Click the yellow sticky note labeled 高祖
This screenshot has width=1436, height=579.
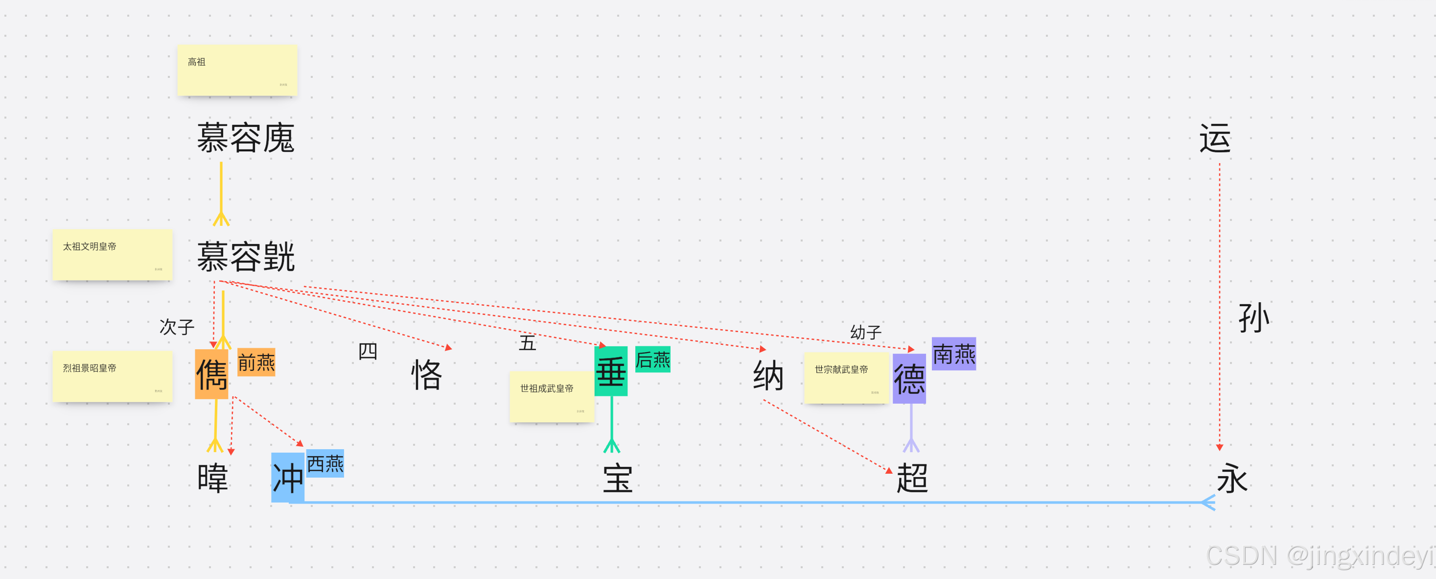(237, 70)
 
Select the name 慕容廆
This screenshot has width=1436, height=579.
(245, 138)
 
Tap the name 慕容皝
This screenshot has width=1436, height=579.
(245, 257)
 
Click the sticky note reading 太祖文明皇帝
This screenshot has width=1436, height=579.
(112, 255)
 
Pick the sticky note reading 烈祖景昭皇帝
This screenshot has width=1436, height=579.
(112, 377)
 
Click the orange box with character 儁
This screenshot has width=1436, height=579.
(211, 374)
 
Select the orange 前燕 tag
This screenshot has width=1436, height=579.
(256, 362)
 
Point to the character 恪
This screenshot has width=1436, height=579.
(426, 374)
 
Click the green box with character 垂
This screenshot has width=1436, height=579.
(611, 371)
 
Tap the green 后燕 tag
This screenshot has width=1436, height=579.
(653, 360)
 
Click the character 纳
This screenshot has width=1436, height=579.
(768, 375)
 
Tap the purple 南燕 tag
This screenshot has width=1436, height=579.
(954, 354)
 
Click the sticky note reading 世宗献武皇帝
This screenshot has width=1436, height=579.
(846, 378)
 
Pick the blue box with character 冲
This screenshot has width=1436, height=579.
(288, 478)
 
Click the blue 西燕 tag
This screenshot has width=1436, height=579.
(325, 463)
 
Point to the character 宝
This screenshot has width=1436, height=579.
(618, 478)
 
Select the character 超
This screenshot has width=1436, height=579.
(912, 478)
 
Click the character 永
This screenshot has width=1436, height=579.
(1232, 478)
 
